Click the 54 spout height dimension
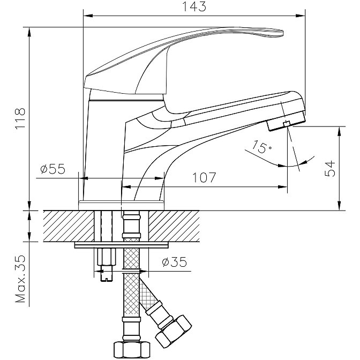[332, 168]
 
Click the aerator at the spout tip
[278, 125]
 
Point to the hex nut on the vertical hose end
[131, 349]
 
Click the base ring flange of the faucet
[122, 205]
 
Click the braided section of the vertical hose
[131, 284]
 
